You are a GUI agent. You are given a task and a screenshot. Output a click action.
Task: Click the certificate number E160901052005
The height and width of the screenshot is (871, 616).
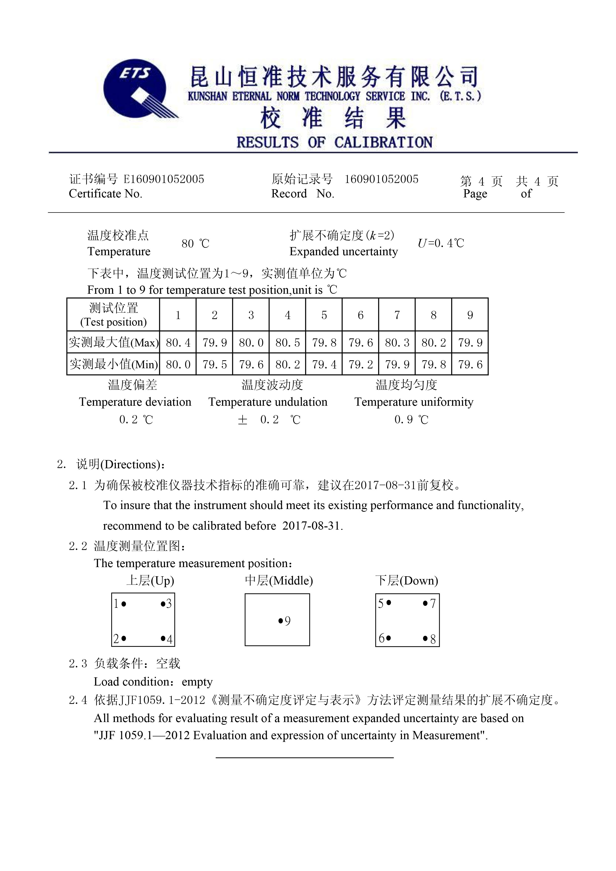(x=164, y=179)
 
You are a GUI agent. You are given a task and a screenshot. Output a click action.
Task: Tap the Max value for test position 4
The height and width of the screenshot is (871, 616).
(x=287, y=343)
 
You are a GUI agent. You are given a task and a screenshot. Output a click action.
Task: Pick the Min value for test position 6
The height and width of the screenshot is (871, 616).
(x=360, y=364)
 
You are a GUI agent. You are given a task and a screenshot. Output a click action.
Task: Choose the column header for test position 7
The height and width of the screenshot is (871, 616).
(x=397, y=315)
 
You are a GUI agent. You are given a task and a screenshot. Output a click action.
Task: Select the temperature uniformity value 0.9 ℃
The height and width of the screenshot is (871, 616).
(x=411, y=420)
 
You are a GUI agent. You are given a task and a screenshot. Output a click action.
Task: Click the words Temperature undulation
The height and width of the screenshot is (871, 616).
(x=268, y=402)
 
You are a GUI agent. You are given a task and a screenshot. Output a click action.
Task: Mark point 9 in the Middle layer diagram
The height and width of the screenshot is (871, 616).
(x=281, y=621)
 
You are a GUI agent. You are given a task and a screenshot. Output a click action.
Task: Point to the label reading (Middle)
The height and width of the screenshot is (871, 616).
(x=291, y=581)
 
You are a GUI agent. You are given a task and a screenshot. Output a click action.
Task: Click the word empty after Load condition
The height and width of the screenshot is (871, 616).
(x=197, y=682)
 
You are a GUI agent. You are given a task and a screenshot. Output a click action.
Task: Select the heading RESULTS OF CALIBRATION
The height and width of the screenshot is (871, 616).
(x=334, y=142)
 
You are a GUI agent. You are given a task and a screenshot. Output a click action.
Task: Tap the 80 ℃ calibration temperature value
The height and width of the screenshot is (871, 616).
(x=195, y=244)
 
